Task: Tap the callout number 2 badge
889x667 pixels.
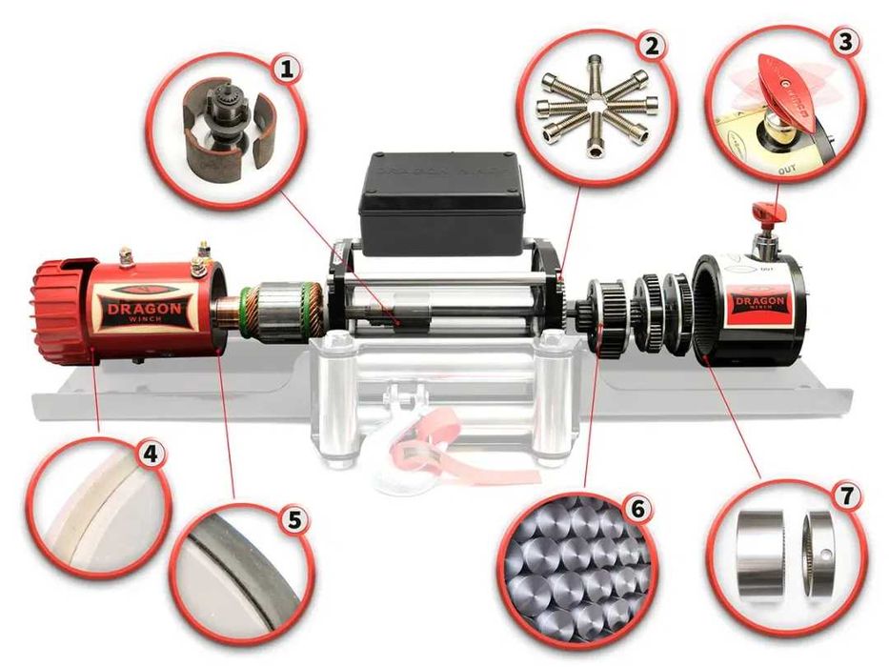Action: click(651, 47)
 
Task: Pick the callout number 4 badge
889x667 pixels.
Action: click(149, 455)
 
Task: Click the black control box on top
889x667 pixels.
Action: click(440, 202)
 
